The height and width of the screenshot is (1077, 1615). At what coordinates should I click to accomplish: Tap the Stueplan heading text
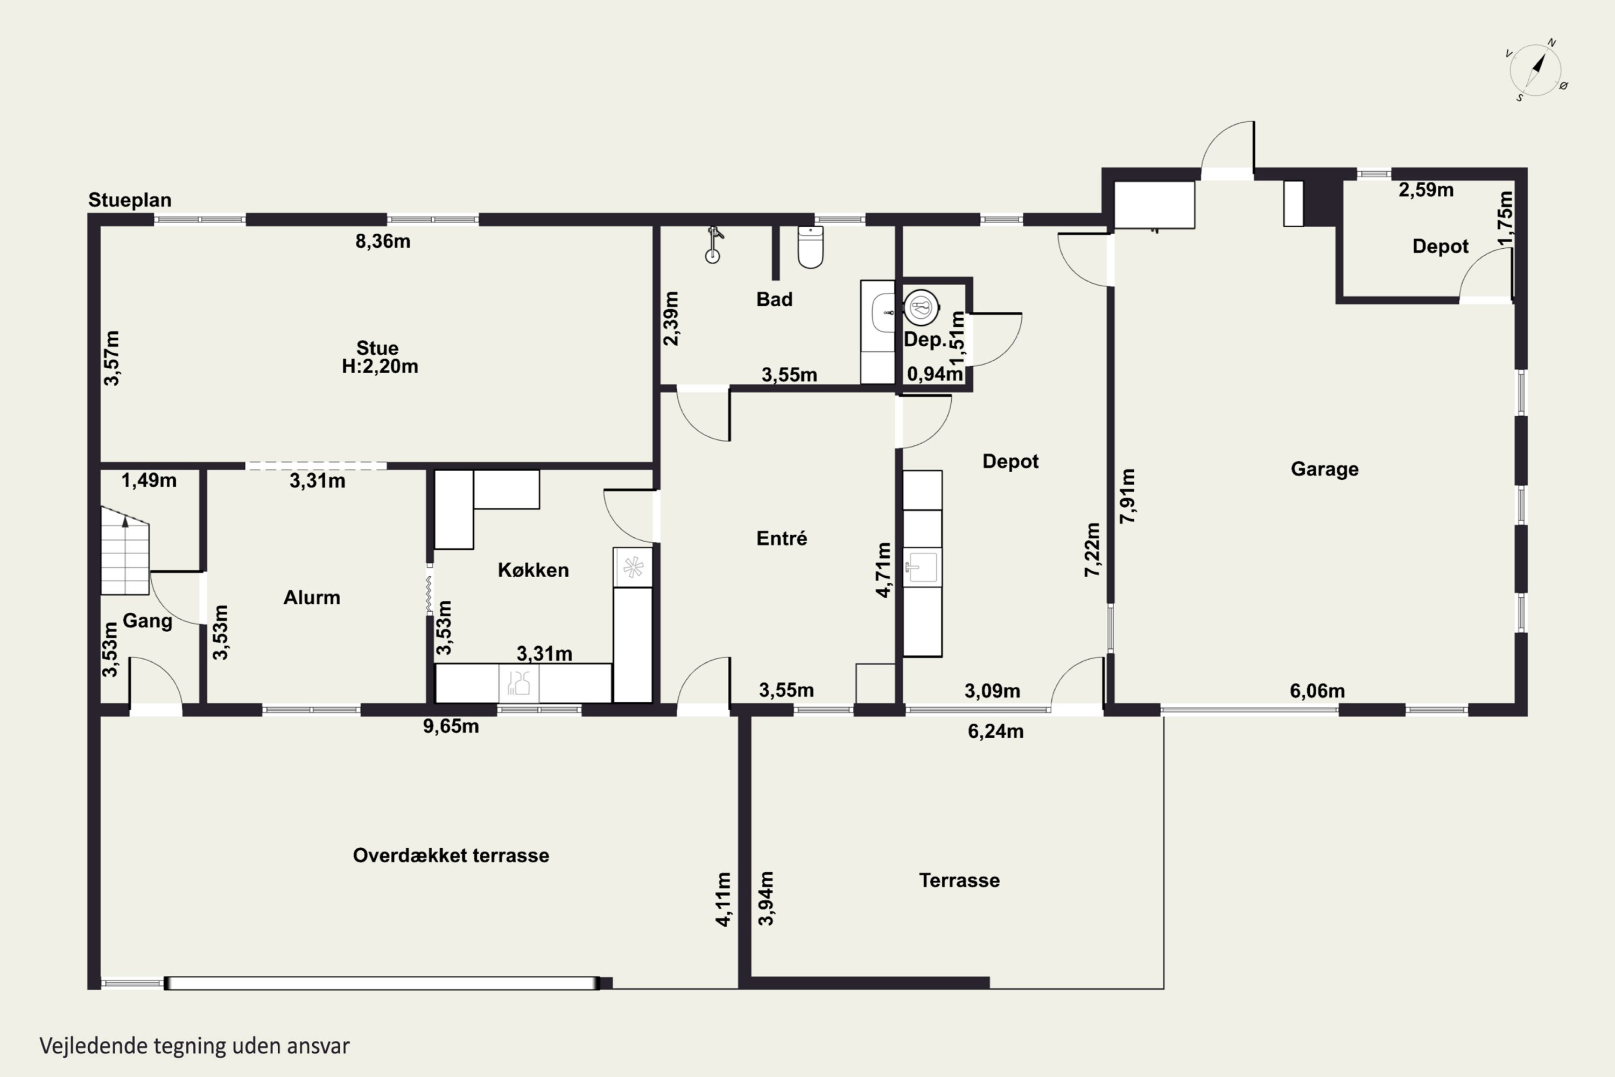[130, 200]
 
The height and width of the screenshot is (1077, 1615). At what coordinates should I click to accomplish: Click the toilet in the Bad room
[810, 247]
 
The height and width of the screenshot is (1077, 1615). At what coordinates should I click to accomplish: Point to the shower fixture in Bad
[714, 244]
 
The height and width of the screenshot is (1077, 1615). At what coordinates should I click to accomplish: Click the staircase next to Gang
[125, 550]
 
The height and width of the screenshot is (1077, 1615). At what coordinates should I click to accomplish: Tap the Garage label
[1324, 469]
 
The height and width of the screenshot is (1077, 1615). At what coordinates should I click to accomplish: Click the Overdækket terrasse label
[451, 855]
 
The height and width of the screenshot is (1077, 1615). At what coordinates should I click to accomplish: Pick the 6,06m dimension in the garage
[1317, 690]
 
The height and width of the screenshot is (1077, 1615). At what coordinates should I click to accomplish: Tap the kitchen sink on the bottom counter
[518, 683]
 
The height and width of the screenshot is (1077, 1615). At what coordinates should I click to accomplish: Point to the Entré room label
[782, 538]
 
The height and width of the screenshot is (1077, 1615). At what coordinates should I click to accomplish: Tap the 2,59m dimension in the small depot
[1426, 190]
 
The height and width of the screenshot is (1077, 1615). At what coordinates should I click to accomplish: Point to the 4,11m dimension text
[724, 899]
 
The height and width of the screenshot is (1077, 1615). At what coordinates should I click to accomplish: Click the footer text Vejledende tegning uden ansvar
[194, 1046]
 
